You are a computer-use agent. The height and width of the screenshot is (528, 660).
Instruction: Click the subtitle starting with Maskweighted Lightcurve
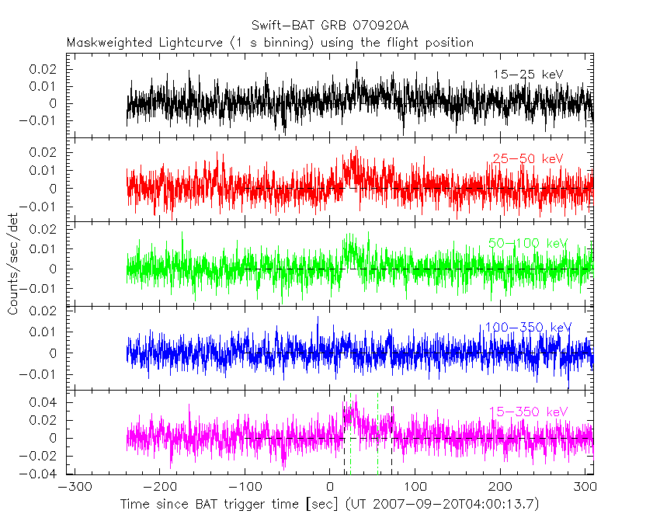[x=269, y=43]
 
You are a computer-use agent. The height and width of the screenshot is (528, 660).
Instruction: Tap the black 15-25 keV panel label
[x=527, y=75]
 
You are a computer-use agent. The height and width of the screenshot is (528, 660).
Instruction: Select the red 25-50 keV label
[x=527, y=159]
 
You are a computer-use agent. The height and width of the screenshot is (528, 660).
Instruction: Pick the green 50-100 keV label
[x=527, y=243]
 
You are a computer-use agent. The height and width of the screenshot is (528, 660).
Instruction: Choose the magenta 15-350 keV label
[x=528, y=412]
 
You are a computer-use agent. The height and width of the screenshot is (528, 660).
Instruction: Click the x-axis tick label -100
[x=244, y=488]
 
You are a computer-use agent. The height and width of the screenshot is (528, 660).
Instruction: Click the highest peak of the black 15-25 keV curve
[x=356, y=62]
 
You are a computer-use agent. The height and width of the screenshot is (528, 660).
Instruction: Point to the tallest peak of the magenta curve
[x=355, y=395]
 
